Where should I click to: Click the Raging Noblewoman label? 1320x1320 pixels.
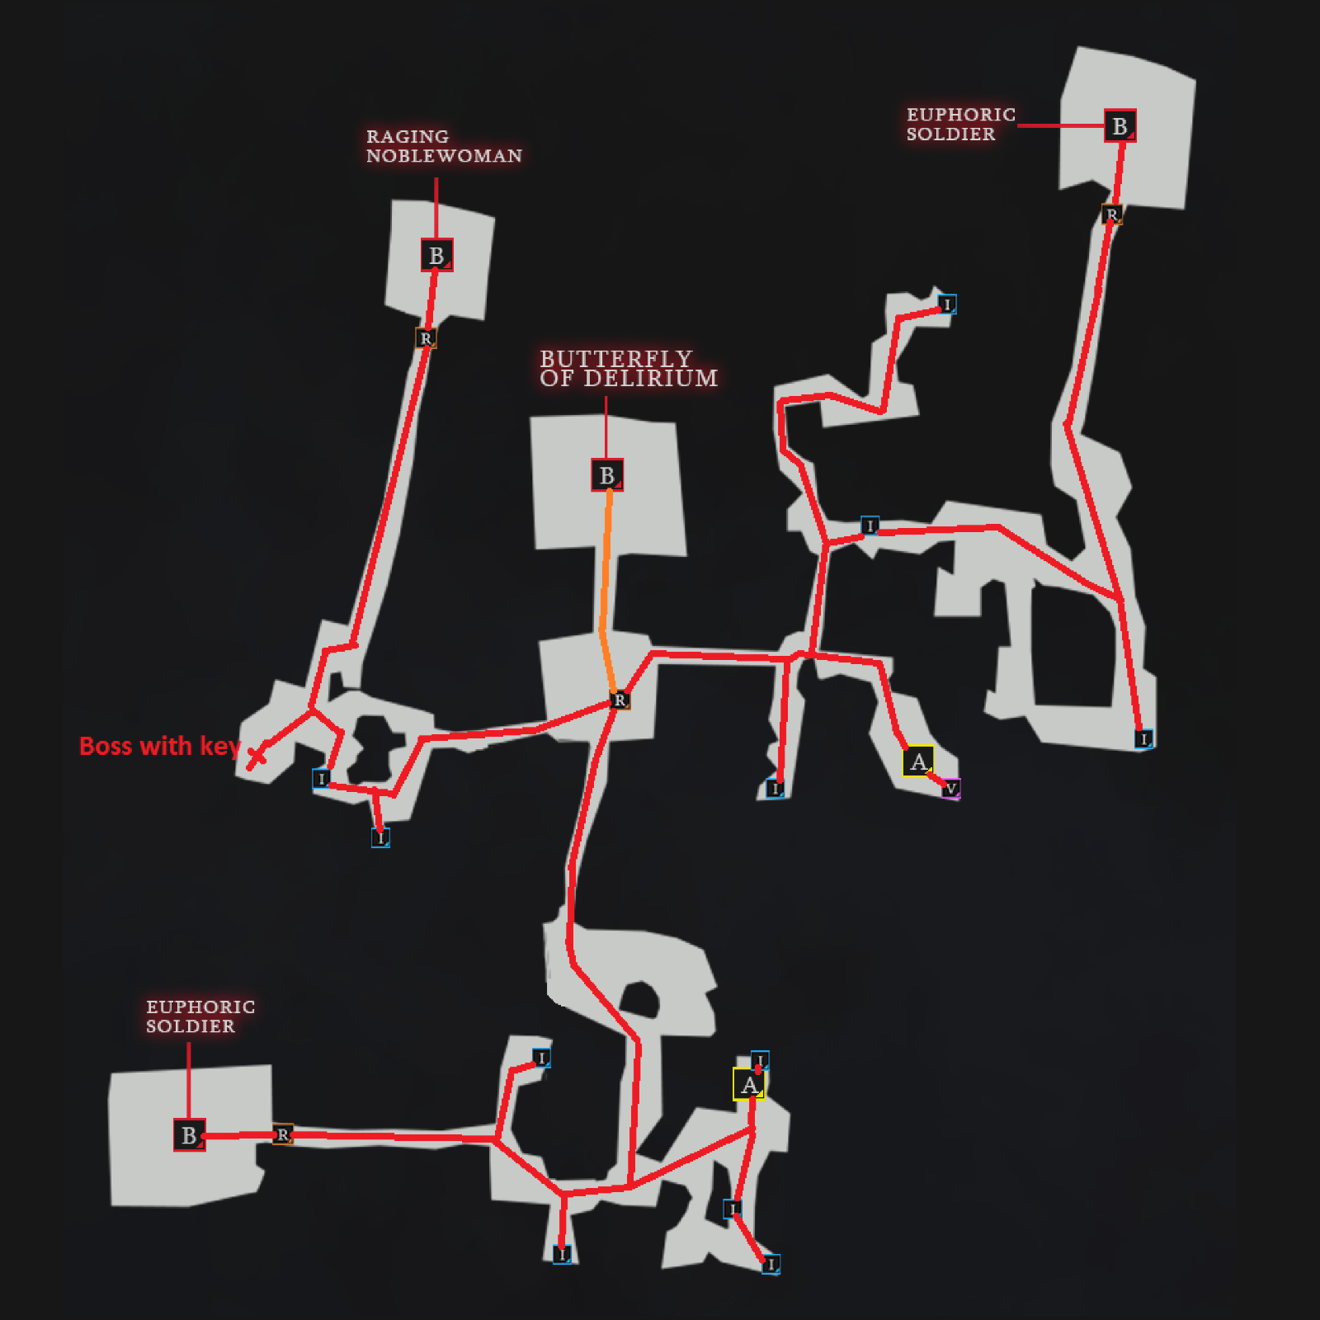[444, 146]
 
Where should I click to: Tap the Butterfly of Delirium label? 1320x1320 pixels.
[628, 369]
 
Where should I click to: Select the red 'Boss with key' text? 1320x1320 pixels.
[159, 746]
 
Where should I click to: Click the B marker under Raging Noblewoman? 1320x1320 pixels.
[436, 255]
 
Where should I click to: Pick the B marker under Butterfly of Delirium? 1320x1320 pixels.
[607, 475]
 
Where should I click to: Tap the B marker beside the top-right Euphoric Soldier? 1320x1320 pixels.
[1120, 126]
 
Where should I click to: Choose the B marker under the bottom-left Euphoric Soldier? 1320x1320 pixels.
[189, 1135]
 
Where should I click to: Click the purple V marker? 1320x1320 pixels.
[950, 789]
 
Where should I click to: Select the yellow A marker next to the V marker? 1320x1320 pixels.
[918, 761]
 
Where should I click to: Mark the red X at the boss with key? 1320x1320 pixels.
[257, 756]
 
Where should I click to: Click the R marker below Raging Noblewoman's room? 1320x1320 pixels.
[426, 338]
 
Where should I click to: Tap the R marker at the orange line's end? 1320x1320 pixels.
[620, 700]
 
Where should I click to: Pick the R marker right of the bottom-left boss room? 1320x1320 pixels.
[283, 1134]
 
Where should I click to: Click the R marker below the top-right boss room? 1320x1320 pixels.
[1112, 215]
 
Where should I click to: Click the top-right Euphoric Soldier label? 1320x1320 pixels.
[960, 124]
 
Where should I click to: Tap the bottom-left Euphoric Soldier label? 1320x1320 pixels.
[200, 1016]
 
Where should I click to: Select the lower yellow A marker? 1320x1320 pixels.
[748, 1084]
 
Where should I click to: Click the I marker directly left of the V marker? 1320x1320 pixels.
[775, 789]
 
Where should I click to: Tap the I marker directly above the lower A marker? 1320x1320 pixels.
[760, 1060]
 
